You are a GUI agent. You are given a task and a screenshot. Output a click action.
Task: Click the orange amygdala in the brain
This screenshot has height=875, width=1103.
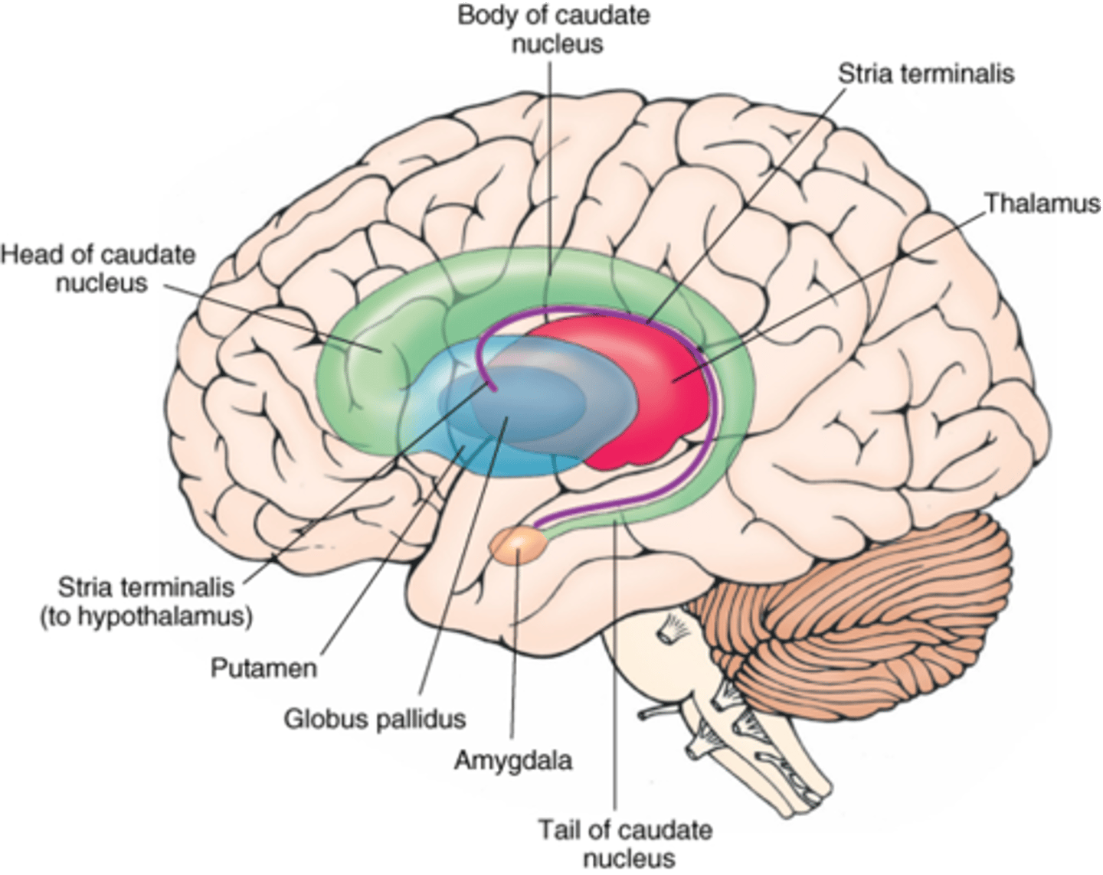point(519,545)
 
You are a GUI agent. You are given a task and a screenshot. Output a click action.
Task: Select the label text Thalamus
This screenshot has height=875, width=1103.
point(1041,204)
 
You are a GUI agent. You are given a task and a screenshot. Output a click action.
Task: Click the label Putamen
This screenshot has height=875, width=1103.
point(263,668)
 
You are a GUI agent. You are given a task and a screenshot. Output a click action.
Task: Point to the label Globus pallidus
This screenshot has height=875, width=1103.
point(375,719)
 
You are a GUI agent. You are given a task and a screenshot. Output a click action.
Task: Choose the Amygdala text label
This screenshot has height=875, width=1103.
point(512,761)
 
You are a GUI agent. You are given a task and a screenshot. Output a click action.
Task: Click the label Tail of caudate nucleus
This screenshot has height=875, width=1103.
point(624,843)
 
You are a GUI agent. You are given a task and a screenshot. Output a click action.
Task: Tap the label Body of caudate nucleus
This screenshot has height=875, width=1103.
point(553,29)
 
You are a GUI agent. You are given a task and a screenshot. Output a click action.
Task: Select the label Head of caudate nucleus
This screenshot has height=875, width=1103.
point(98,268)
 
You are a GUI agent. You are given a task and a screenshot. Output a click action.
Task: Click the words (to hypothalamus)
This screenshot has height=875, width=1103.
point(146,616)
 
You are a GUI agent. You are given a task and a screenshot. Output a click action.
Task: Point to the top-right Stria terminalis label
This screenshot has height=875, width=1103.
point(925,73)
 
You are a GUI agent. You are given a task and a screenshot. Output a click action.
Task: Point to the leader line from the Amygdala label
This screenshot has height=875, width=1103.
point(515,651)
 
